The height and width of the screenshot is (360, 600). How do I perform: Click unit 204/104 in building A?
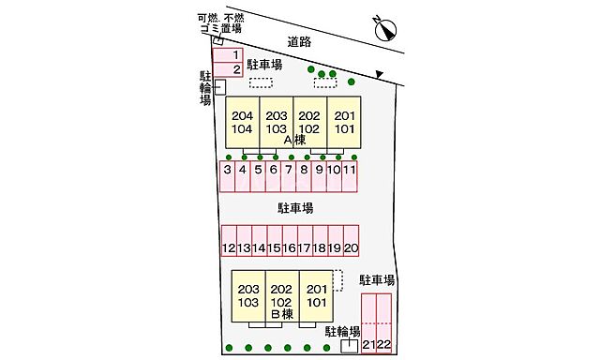point(243,122)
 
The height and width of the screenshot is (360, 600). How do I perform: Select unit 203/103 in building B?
point(248,296)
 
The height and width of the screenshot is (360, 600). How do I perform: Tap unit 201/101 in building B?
point(317,296)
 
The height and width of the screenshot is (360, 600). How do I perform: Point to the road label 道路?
point(299,42)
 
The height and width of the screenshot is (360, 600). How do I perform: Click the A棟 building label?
point(294,140)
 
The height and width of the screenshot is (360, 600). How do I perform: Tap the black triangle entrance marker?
point(379,74)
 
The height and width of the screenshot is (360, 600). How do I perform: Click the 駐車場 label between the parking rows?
point(294,207)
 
